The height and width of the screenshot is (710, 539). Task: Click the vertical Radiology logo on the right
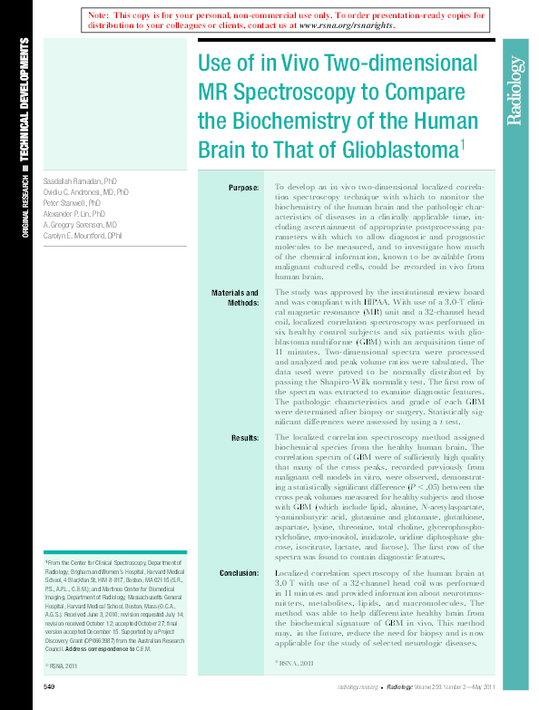tap(514, 90)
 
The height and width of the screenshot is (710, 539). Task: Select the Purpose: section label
tap(243, 188)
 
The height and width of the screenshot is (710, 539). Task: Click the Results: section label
tap(245, 438)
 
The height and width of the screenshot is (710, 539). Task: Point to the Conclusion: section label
tap(239, 574)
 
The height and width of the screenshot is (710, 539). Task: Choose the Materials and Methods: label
tap(235, 298)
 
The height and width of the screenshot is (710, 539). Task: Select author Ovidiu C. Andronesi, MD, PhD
tap(86, 193)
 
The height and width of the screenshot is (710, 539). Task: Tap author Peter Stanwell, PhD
tap(72, 204)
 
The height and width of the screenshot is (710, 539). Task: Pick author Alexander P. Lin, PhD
tap(76, 214)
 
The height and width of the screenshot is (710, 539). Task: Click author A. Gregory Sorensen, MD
tap(80, 224)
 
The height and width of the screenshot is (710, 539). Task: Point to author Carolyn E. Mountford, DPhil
tap(83, 235)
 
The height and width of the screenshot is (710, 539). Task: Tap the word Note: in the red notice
tap(99, 15)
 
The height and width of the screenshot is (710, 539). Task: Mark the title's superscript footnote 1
tap(463, 141)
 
